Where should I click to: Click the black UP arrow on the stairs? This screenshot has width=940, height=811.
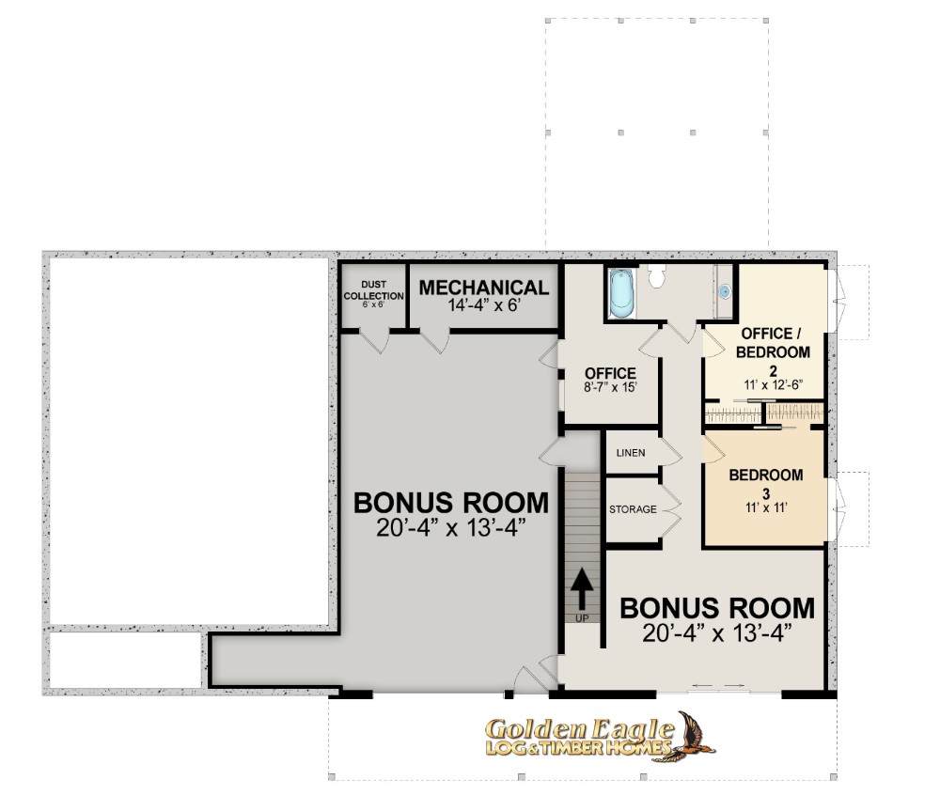click(x=582, y=588)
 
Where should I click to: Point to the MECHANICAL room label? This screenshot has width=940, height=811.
click(x=484, y=288)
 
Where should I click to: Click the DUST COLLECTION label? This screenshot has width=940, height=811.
click(x=373, y=290)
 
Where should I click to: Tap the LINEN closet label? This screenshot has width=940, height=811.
click(x=631, y=453)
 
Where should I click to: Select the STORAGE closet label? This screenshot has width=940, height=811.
click(x=633, y=509)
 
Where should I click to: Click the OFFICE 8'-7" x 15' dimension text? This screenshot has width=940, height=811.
click(x=610, y=386)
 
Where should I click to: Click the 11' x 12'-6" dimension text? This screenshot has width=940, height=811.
click(x=774, y=384)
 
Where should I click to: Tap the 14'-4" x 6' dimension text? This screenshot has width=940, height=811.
click(x=484, y=305)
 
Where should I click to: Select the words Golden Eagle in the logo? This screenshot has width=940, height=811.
click(x=579, y=729)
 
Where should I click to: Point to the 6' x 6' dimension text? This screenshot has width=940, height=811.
click(x=373, y=304)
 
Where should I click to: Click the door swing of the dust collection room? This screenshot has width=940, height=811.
click(x=374, y=340)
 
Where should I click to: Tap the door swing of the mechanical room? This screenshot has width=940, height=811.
click(x=434, y=340)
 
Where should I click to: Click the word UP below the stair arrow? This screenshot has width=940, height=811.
click(x=582, y=618)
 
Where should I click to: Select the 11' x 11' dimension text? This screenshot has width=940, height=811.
click(x=766, y=507)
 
